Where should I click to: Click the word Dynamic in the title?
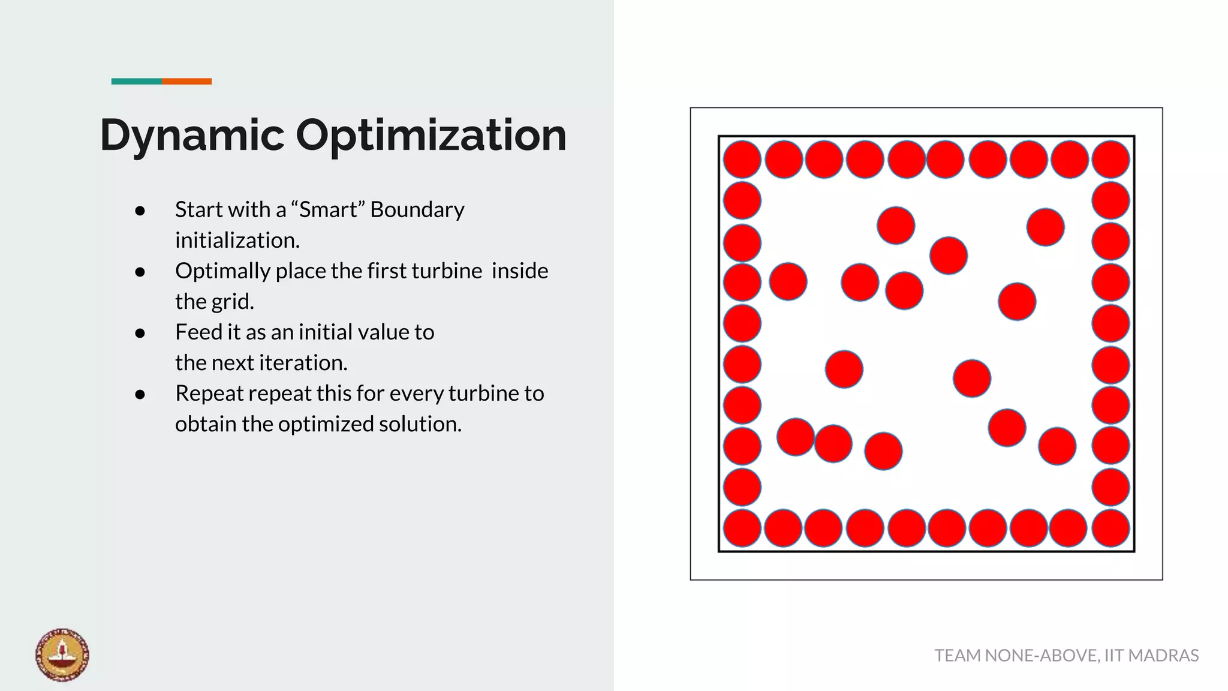tap(192, 136)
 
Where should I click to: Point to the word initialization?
tap(237, 241)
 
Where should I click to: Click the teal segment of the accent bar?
tap(136, 81)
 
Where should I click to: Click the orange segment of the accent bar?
tap(186, 81)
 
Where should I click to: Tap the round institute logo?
tap(62, 654)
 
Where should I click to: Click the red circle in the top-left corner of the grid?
tap(742, 160)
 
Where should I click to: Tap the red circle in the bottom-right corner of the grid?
tap(1110, 528)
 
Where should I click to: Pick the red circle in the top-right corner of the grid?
tap(1110, 160)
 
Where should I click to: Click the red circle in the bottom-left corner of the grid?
tap(742, 528)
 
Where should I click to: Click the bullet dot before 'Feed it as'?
tap(140, 334)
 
